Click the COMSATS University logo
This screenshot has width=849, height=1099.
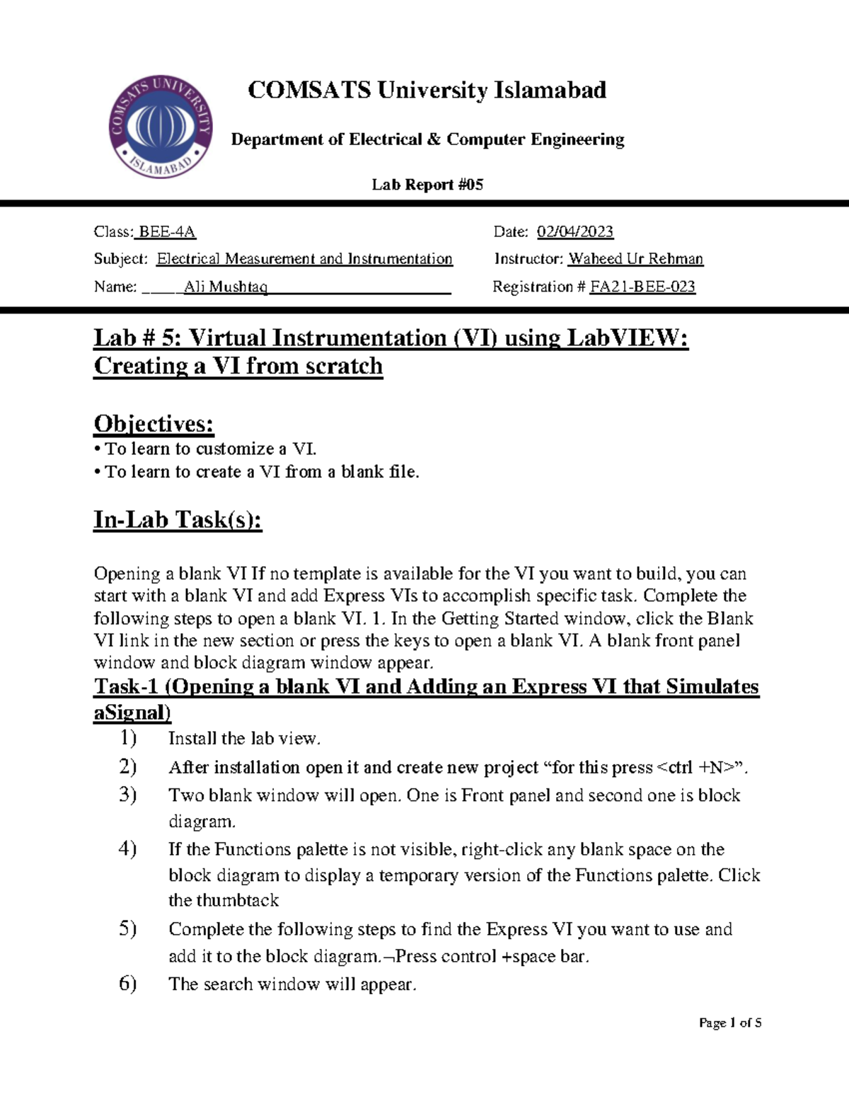161,127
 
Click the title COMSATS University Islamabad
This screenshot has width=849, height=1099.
427,91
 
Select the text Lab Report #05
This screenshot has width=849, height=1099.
427,185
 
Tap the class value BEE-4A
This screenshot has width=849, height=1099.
167,232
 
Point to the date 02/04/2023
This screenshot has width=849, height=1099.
574,232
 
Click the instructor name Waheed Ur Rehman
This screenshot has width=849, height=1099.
635,259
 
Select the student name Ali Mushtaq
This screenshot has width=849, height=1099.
226,287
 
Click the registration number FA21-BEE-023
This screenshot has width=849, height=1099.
642,287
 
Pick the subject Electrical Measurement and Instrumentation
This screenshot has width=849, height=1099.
304,259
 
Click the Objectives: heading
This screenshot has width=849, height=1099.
154,424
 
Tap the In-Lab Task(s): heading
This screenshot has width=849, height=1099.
178,520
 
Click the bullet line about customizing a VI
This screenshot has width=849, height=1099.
205,449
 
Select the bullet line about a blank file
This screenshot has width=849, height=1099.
256,472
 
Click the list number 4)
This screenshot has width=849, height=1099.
127,848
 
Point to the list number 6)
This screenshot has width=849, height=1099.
127,983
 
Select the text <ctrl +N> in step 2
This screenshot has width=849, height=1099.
698,768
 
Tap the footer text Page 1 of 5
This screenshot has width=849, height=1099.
729,1023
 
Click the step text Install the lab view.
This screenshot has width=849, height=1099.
244,739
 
